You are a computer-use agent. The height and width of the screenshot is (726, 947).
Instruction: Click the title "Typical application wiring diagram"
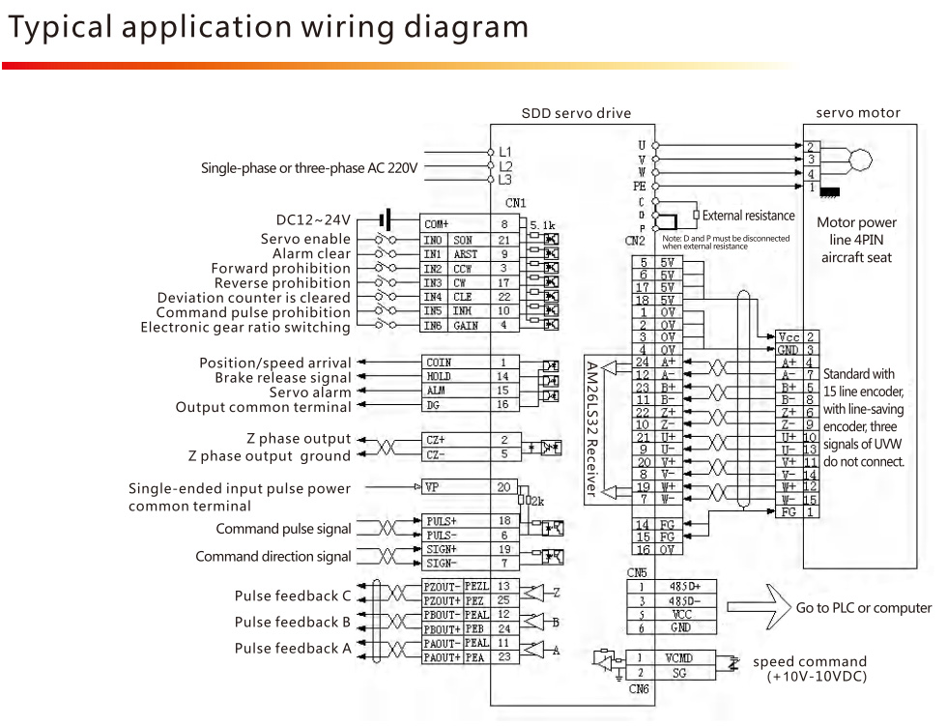(268, 27)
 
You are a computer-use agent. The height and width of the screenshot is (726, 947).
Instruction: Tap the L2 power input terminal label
(505, 166)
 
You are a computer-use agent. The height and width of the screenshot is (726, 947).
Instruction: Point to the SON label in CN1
(464, 240)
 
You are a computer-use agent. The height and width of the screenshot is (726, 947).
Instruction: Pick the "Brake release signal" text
(282, 377)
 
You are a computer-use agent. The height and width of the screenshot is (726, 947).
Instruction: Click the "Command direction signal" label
(273, 557)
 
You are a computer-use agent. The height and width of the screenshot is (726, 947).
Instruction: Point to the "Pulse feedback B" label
(293, 622)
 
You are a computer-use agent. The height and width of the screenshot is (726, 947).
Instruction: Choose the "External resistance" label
(748, 216)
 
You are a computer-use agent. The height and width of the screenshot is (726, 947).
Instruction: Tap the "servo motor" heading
(857, 113)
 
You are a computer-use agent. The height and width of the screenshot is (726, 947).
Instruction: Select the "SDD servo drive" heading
(576, 113)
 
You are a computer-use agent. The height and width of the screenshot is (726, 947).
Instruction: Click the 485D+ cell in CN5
(679, 586)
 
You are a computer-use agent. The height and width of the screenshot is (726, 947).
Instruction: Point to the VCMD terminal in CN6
(679, 658)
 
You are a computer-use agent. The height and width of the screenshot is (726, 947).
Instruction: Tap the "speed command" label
(810, 662)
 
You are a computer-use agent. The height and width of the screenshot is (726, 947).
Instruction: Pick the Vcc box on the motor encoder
(789, 336)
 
